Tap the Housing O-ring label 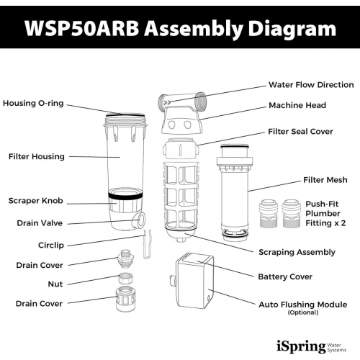point(33,104)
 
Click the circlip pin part point(148,242)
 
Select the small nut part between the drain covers point(125,278)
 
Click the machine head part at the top point(181,112)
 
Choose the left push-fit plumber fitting point(267,213)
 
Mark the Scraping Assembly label point(297,252)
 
